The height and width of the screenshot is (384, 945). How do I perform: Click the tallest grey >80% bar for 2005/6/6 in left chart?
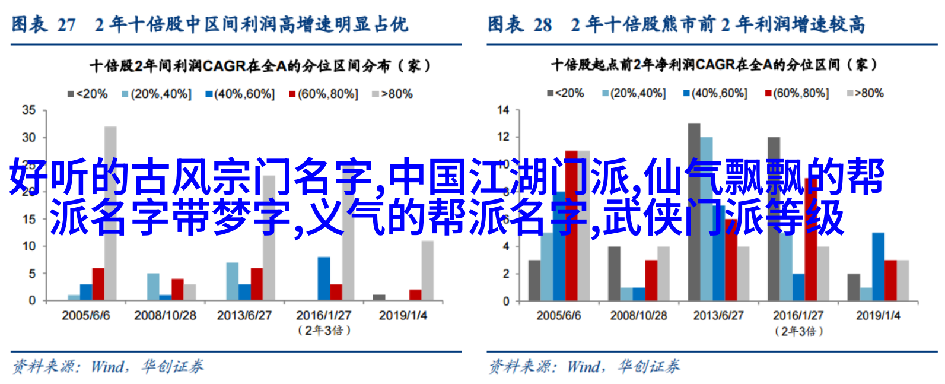tap(110, 213)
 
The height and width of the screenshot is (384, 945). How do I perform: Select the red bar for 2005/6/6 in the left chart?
tap(98, 284)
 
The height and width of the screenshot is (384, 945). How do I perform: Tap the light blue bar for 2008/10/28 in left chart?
tap(153, 287)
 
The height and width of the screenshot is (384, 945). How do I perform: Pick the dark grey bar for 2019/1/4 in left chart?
tap(379, 297)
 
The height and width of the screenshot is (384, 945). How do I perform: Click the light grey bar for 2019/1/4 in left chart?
tap(427, 271)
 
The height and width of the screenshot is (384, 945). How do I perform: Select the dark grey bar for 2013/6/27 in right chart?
tap(694, 212)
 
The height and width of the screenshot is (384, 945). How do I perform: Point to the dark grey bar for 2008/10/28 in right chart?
tap(614, 274)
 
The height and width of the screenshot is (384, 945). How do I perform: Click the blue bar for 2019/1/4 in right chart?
tap(879, 266)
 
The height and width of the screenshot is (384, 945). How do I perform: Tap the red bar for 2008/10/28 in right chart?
tap(651, 280)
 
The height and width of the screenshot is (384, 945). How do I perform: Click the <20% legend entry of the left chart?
tap(88, 94)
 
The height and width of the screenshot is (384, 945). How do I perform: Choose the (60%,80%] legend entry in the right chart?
tap(797, 93)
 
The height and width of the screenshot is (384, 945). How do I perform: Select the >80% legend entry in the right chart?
tap(866, 93)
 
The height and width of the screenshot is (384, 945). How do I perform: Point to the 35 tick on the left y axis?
tap(29, 110)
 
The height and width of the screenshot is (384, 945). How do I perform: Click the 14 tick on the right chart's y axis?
tap(503, 110)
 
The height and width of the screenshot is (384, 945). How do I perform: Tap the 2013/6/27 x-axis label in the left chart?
tap(244, 315)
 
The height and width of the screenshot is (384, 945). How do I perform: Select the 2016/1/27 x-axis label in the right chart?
tap(798, 315)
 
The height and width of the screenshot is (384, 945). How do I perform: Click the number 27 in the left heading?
tap(66, 25)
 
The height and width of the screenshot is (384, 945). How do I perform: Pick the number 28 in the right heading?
tap(543, 25)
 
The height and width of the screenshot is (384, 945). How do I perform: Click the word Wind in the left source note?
tap(108, 367)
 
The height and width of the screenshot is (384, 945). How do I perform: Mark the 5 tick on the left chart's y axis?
tap(33, 274)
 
